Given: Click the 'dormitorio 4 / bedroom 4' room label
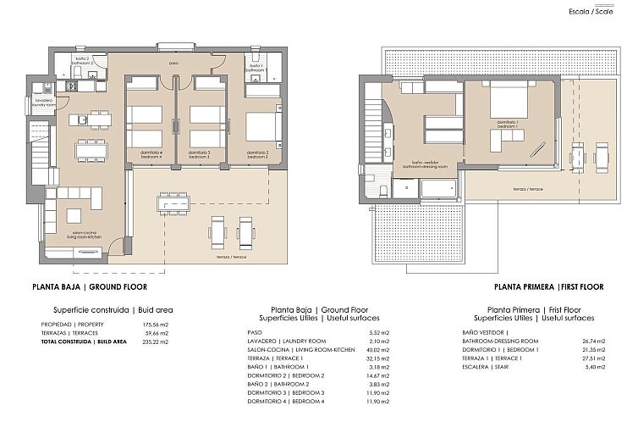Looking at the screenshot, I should tap(150, 154).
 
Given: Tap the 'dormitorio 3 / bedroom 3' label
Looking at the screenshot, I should tap(199, 154).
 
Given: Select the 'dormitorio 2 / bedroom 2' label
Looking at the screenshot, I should tap(258, 154).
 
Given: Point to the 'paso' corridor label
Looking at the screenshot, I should tap(173, 64).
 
